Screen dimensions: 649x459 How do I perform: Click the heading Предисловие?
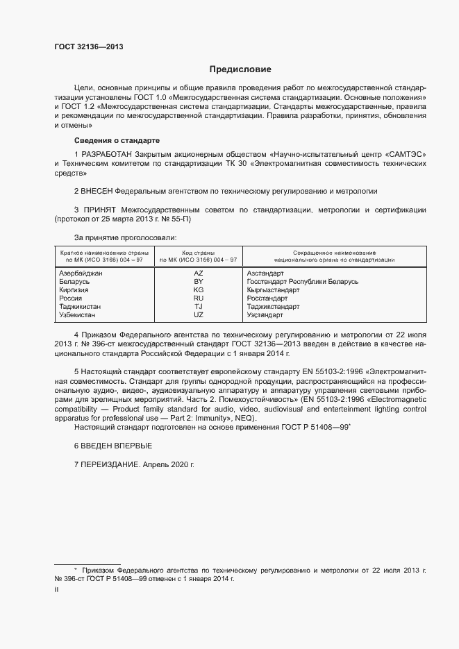pos(240,69)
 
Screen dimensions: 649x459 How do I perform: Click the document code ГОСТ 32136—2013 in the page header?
pos(90,47)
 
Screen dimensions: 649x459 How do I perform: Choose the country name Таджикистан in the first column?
pos(81,307)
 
